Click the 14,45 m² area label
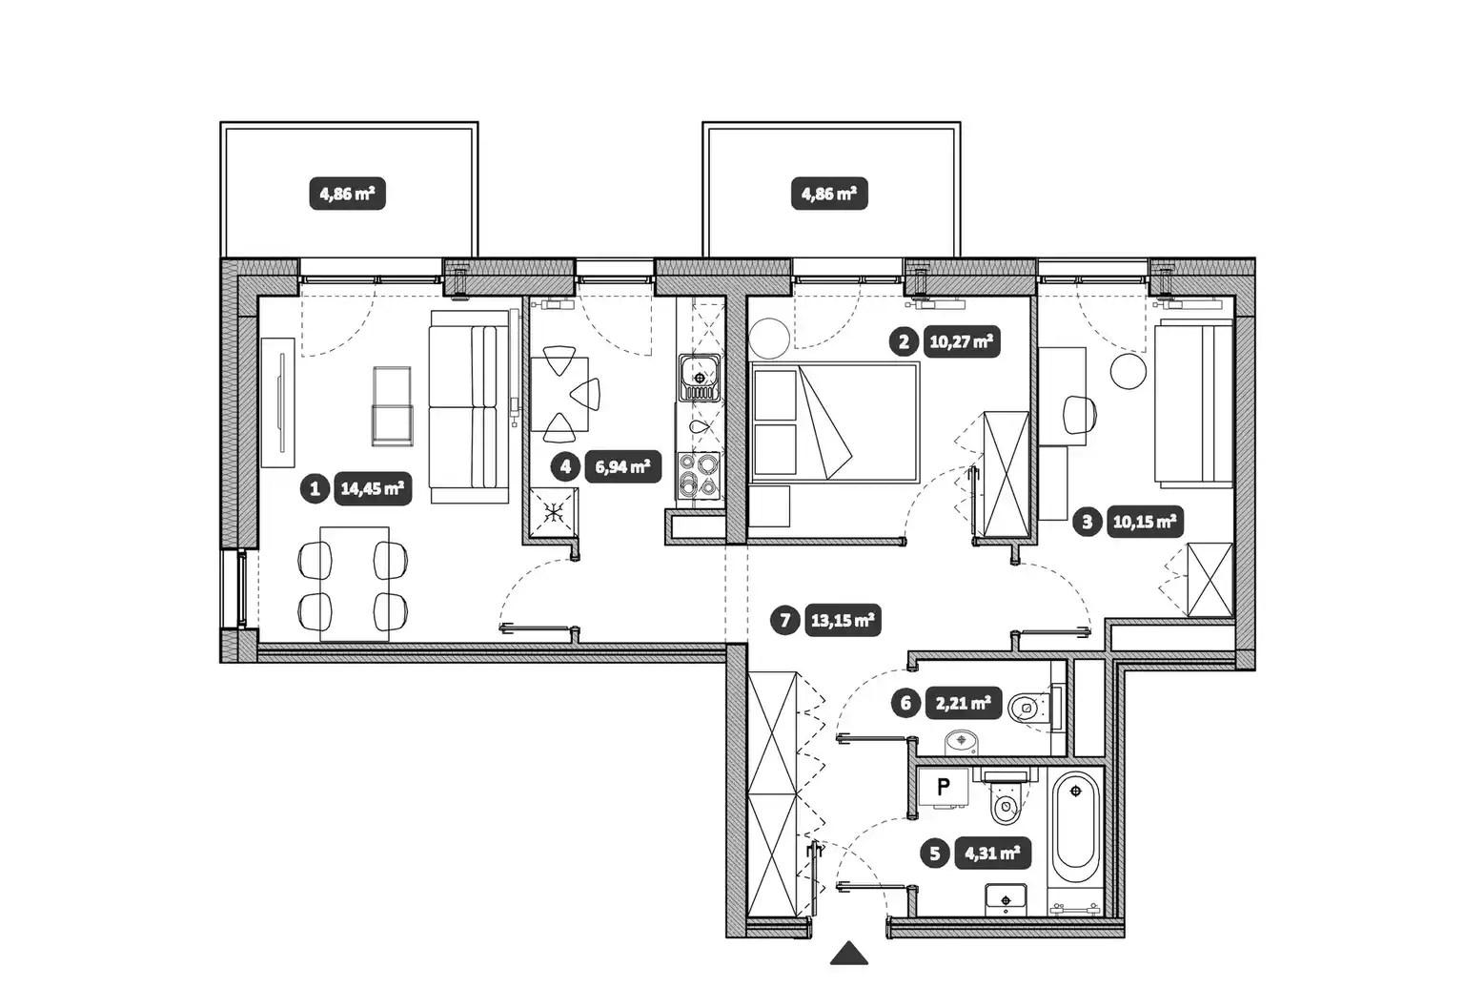[373, 488]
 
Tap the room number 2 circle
[904, 342]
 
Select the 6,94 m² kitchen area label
[622, 467]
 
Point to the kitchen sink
[700, 378]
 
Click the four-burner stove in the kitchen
[700, 475]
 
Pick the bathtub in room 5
[1076, 830]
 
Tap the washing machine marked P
[944, 788]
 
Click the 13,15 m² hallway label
[843, 620]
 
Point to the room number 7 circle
[785, 620]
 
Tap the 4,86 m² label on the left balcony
[347, 194]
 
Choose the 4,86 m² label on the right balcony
[829, 194]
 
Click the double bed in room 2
[834, 423]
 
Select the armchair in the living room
[392, 406]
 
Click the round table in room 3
[1128, 371]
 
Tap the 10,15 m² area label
[1145, 522]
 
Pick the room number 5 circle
[935, 854]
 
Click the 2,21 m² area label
[964, 703]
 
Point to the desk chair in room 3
[1080, 415]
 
